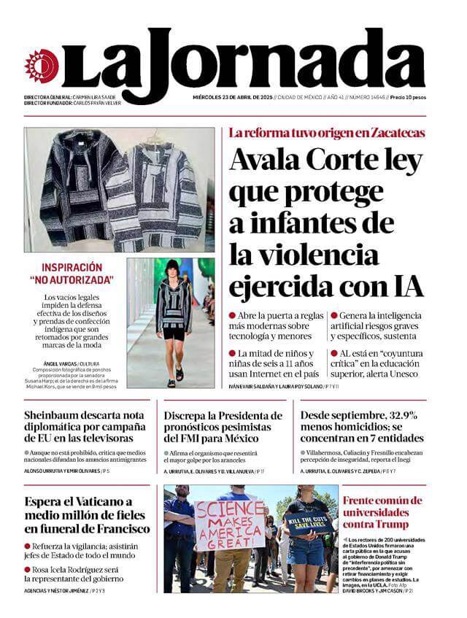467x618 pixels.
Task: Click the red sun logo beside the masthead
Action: click(40, 66)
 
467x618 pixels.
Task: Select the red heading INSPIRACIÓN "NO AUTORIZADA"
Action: click(72, 274)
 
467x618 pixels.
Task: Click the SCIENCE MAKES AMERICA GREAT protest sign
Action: click(229, 525)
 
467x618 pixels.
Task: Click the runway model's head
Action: click(172, 268)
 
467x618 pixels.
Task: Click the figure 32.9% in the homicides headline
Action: click(397, 415)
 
